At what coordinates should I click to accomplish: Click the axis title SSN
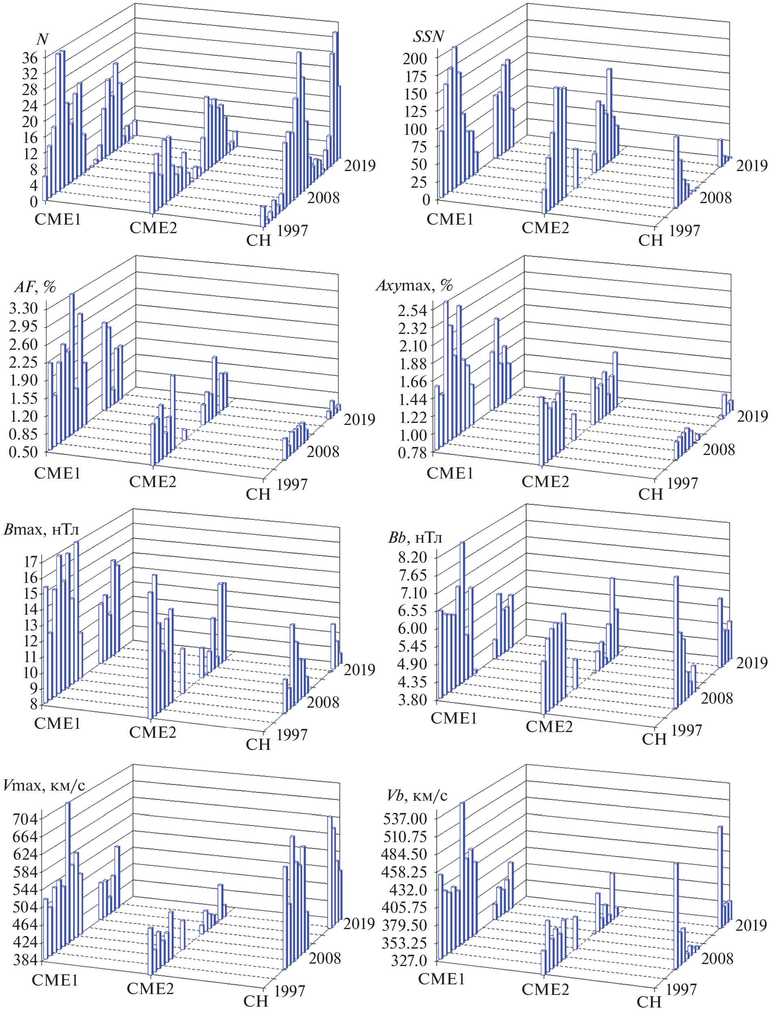tap(428, 37)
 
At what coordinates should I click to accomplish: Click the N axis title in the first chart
tap(42, 39)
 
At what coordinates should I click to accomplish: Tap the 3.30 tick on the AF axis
tap(23, 308)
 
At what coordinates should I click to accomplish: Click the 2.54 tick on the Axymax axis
tap(412, 310)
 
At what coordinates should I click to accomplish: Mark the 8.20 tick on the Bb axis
tap(412, 557)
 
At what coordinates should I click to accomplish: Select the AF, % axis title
tap(35, 287)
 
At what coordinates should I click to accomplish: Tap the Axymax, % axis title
tap(414, 286)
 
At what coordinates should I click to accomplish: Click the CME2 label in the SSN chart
tap(545, 227)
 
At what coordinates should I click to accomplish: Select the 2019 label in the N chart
tap(360, 165)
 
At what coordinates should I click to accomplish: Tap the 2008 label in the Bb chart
tap(717, 698)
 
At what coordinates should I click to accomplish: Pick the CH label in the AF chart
tap(258, 494)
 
